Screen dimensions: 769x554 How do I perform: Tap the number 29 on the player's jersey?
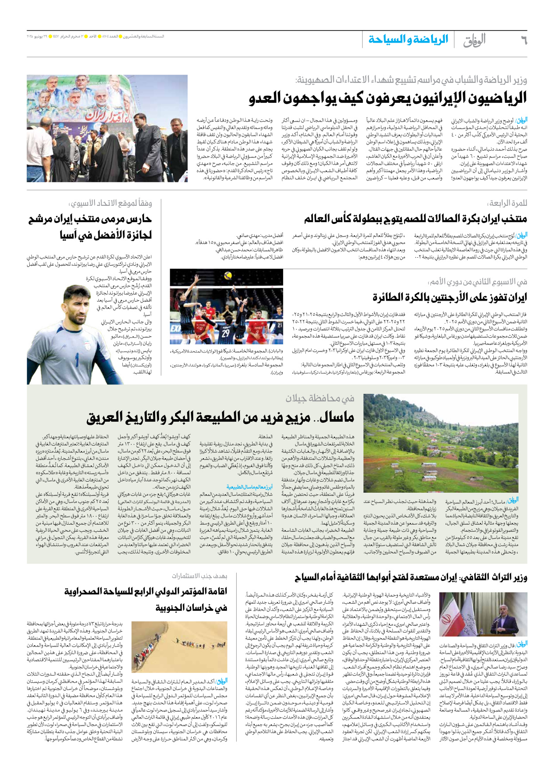pyautogui.click(x=226, y=333)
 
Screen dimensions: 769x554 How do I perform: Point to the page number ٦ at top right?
pyautogui.click(x=523, y=41)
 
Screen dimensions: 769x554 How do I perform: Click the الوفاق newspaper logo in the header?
pyautogui.click(x=474, y=40)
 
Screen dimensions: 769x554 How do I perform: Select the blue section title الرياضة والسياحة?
pyautogui.click(x=408, y=40)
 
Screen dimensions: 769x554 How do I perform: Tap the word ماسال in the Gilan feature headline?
pyautogui.click(x=336, y=417)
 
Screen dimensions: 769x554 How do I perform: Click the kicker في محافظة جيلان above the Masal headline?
pyautogui.click(x=320, y=398)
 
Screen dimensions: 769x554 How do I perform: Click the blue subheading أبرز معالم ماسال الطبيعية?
pyautogui.click(x=250, y=487)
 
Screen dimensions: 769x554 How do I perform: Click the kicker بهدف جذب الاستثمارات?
pyautogui.click(x=199, y=576)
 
